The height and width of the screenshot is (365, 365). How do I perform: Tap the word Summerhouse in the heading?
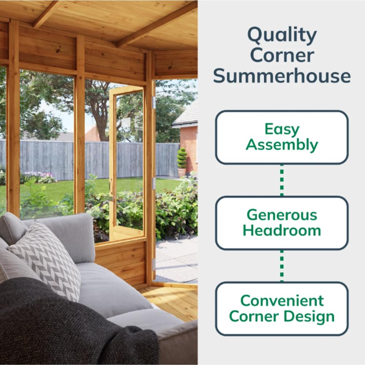coord(282,76)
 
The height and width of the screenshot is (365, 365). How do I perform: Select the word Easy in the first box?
coord(282,129)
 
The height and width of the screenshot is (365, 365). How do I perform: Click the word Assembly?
coord(282,145)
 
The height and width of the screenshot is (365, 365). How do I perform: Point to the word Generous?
coord(282,215)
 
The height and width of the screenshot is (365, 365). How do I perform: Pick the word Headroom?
coord(282,231)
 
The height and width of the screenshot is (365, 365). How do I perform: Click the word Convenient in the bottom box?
coord(282,300)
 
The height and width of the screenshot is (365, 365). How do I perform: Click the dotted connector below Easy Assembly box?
coord(282,180)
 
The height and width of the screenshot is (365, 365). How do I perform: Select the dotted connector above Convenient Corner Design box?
coord(282,266)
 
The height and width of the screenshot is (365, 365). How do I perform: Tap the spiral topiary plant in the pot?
coord(182,158)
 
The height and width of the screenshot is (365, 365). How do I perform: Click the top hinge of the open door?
coord(154,103)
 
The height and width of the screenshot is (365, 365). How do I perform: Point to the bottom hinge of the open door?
coord(154,264)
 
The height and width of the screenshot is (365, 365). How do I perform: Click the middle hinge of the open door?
coord(154,184)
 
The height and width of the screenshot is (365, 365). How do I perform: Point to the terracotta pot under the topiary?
coord(181,172)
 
